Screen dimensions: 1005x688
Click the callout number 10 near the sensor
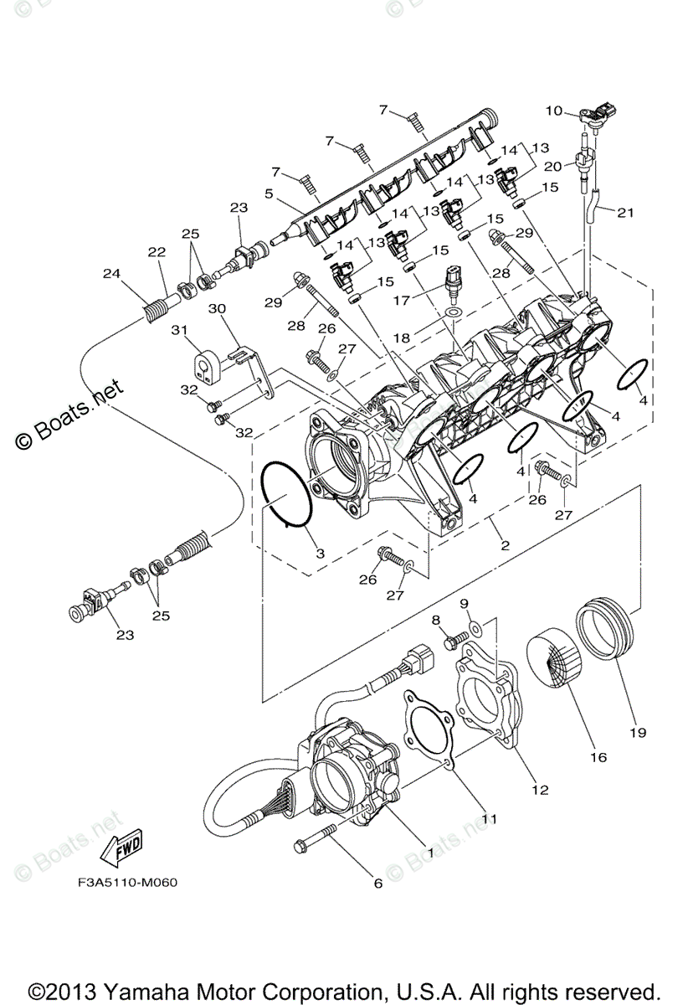(x=554, y=111)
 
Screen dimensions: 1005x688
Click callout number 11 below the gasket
(x=489, y=820)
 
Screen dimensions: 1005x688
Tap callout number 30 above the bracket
(x=217, y=308)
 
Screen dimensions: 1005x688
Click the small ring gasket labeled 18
(x=453, y=312)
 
